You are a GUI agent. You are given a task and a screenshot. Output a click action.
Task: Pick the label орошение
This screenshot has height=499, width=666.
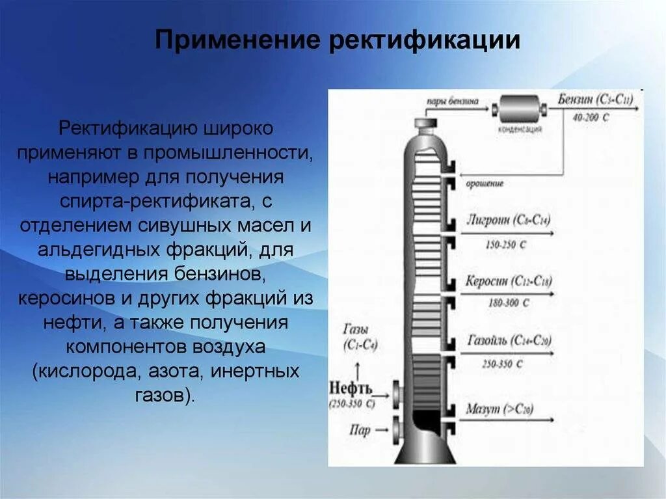point(485,184)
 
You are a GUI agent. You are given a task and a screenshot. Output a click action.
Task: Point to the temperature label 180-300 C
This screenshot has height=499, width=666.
point(507,303)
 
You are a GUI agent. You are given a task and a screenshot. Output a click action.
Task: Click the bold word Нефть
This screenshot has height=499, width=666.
point(352,388)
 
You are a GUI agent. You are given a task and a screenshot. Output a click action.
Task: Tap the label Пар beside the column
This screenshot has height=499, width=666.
point(361,429)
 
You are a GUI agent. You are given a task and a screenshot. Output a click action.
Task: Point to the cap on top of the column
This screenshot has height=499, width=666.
point(427,123)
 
